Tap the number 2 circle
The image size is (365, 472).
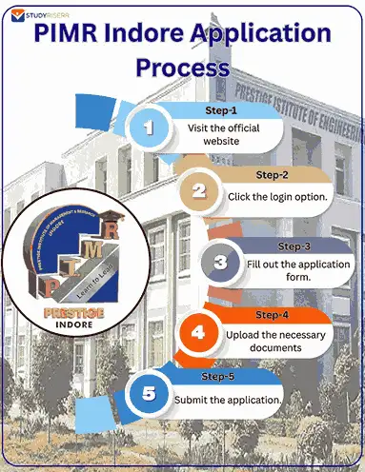pos(197,190)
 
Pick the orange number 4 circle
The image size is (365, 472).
pos(197,333)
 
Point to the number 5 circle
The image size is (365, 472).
pos(148,394)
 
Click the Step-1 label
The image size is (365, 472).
pos(220,110)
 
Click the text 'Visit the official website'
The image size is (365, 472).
pos(226,132)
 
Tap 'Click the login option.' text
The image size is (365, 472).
pos(276,196)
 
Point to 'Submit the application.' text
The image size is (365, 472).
pos(227,399)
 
